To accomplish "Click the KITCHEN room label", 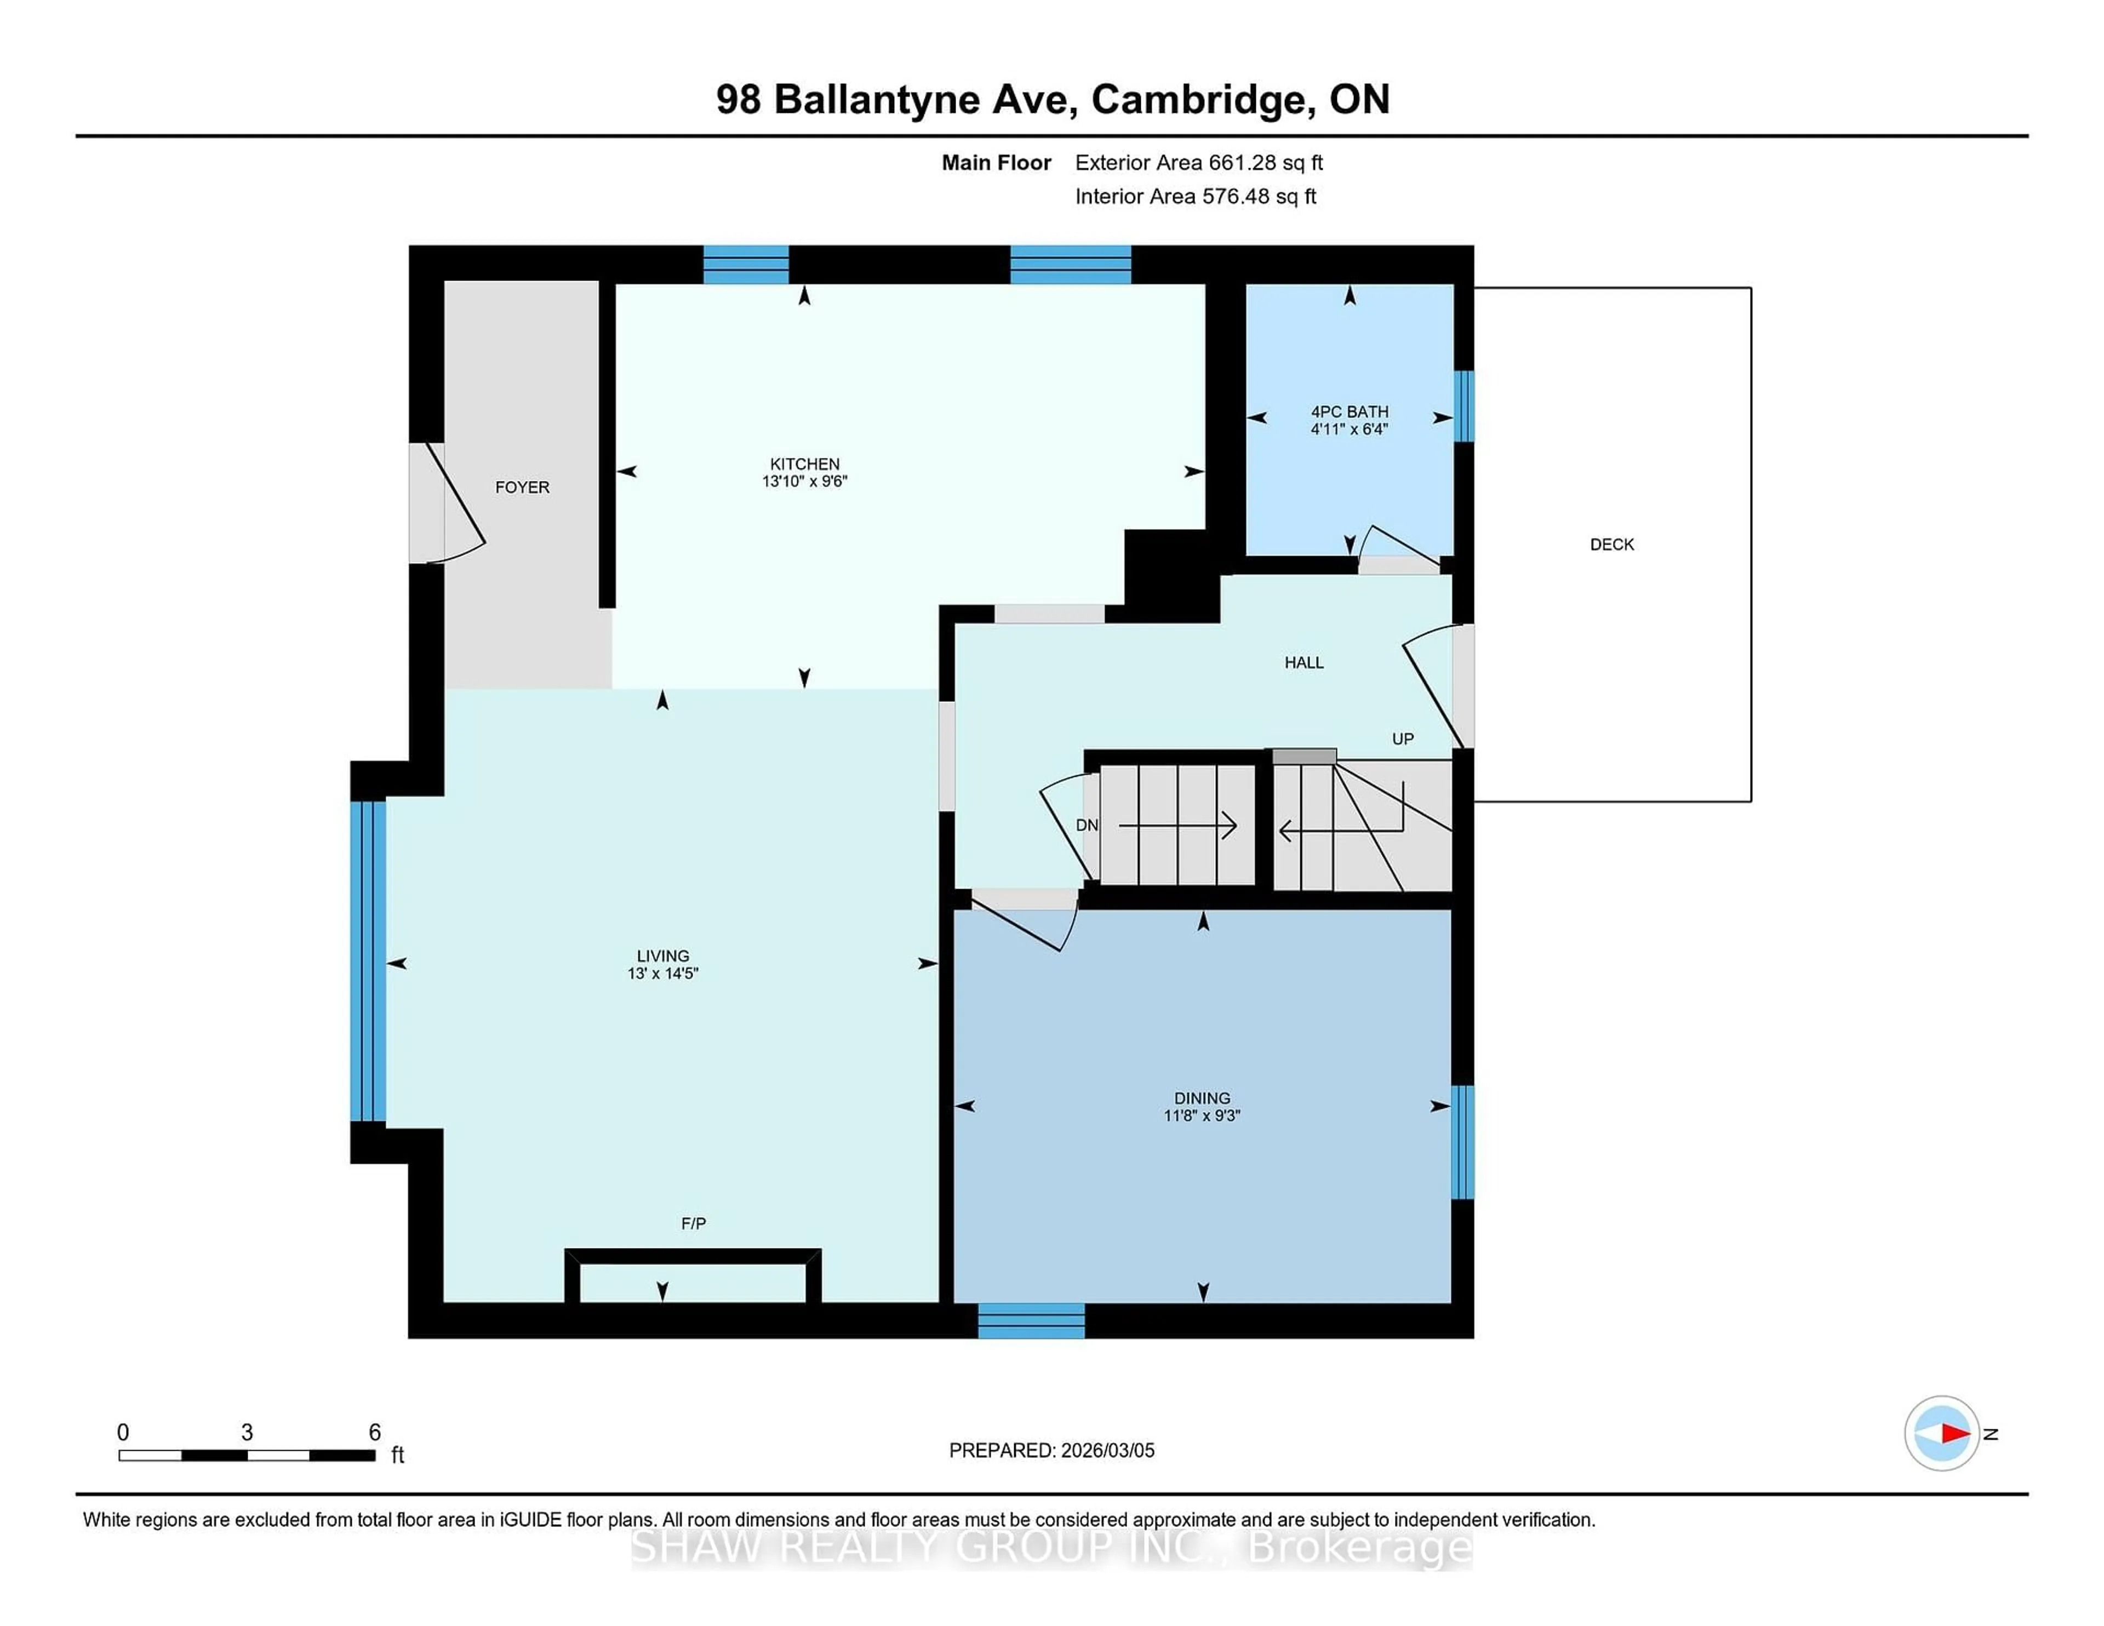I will [804, 463].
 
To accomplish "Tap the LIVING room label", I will [663, 955].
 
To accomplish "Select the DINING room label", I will [1202, 1098].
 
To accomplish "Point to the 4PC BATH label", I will [1350, 411].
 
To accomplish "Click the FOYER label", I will [522, 488].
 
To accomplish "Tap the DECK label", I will [1612, 544].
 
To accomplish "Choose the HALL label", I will [1303, 663].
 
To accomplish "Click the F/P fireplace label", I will [693, 1223].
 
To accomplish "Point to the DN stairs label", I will [1087, 826].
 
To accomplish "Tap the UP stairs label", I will [1403, 739].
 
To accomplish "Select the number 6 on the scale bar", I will [375, 1433].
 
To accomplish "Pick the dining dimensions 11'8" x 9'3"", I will [1202, 1115].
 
